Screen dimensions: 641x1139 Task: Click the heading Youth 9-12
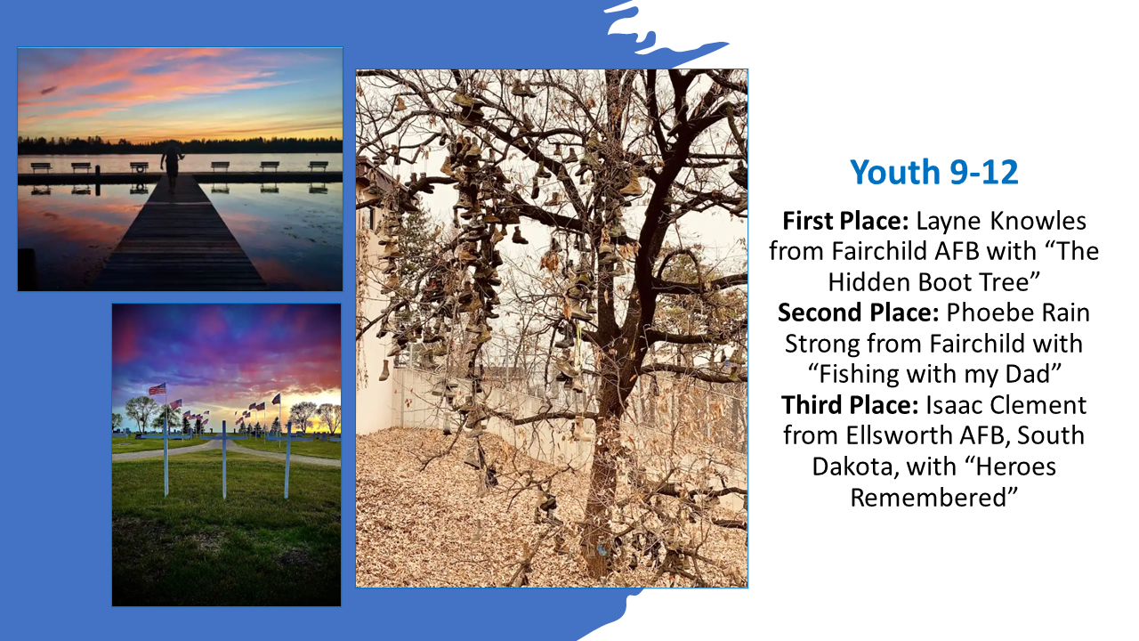click(x=933, y=172)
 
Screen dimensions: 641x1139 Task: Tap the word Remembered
click(x=933, y=498)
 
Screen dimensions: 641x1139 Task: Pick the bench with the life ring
click(x=139, y=166)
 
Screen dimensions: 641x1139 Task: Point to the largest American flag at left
click(x=158, y=389)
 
